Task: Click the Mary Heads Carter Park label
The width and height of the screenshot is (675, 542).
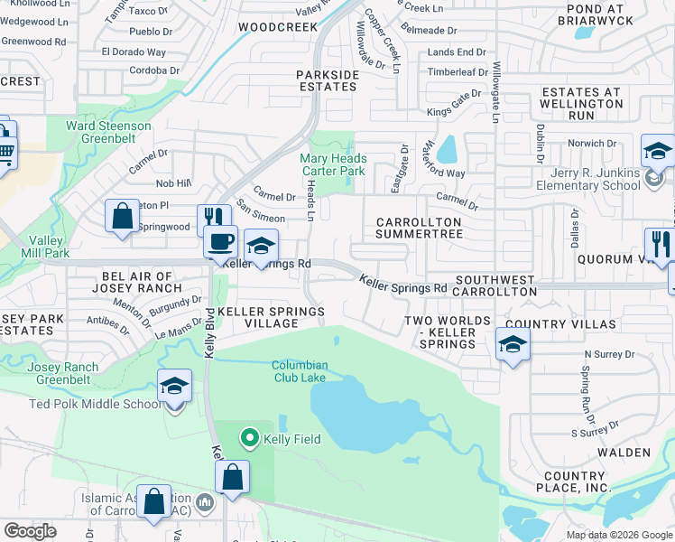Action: (x=333, y=164)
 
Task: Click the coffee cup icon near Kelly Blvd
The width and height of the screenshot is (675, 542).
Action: (x=220, y=242)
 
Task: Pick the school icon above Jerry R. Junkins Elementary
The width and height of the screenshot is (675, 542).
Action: (x=657, y=151)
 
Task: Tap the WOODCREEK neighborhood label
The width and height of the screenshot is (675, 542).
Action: (x=278, y=28)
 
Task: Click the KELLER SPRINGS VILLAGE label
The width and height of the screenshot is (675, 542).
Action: (x=270, y=317)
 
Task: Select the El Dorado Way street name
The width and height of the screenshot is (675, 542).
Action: (x=134, y=53)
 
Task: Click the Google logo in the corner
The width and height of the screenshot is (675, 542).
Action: (x=30, y=531)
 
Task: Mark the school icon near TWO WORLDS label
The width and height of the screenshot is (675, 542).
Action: (x=513, y=344)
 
